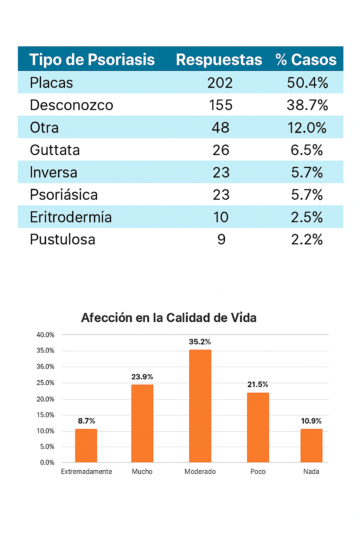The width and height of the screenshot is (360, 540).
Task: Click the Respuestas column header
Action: pyautogui.click(x=219, y=59)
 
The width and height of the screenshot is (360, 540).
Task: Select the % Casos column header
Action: pyautogui.click(x=306, y=59)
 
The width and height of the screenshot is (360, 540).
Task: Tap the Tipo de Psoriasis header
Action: pyautogui.click(x=92, y=59)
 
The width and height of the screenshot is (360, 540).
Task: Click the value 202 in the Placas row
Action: pyautogui.click(x=220, y=83)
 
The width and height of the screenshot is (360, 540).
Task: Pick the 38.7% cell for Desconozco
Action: pyautogui.click(x=307, y=105)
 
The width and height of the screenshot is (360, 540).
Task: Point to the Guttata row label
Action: pyautogui.click(x=55, y=150)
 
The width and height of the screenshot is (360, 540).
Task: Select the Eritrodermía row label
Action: pyautogui.click(x=71, y=217)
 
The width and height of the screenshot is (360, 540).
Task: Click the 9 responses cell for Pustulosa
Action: pyautogui.click(x=221, y=240)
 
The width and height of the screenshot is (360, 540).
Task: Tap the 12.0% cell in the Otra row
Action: pyautogui.click(x=307, y=128)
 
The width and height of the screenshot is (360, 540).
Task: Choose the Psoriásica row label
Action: pyautogui.click(x=64, y=195)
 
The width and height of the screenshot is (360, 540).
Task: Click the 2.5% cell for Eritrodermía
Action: pyautogui.click(x=307, y=217)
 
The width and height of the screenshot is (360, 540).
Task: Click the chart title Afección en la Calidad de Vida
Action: pyautogui.click(x=169, y=318)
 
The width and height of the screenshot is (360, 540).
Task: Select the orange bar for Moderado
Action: pyautogui.click(x=200, y=406)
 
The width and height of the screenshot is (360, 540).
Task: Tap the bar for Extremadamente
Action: pyautogui.click(x=86, y=446)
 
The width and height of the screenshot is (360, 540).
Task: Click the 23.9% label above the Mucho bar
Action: pyautogui.click(x=142, y=377)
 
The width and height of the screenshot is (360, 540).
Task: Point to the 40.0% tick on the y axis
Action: pyautogui.click(x=45, y=335)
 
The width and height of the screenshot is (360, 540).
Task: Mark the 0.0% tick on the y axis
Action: pyautogui.click(x=47, y=463)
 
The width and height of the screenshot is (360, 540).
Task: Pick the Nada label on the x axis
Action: pyautogui.click(x=311, y=472)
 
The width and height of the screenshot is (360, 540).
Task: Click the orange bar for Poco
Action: pyautogui.click(x=258, y=427)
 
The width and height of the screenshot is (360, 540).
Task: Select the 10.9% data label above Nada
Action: pyautogui.click(x=311, y=421)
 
